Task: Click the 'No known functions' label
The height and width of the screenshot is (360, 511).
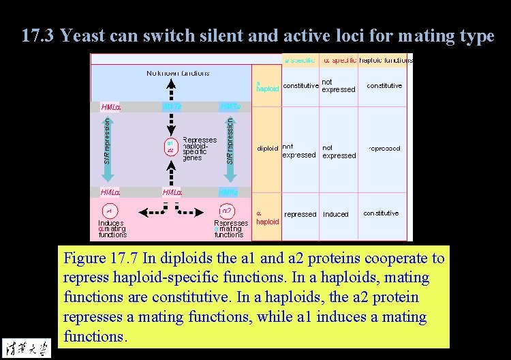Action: pyautogui.click(x=178, y=73)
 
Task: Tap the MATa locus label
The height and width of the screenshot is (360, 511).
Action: pyautogui.click(x=172, y=107)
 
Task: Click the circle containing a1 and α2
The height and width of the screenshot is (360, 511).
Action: pyautogui.click(x=170, y=147)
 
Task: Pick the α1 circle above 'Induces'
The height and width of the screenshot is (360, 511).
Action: pyautogui.click(x=109, y=211)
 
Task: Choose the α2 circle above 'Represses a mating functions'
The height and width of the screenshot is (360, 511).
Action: pyautogui.click(x=228, y=211)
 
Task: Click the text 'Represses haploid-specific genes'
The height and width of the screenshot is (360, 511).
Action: pyautogui.click(x=200, y=149)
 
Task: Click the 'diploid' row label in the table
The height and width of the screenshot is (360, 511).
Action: pyautogui.click(x=267, y=148)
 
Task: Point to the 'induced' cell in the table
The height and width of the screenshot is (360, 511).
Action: pyautogui.click(x=335, y=214)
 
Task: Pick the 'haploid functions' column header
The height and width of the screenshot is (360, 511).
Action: pyautogui.click(x=386, y=60)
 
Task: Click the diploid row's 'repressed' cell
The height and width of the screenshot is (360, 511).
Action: pyautogui.click(x=384, y=148)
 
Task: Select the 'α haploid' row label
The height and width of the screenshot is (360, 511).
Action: pyautogui.click(x=267, y=217)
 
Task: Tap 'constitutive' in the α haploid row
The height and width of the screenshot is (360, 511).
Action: pyautogui.click(x=381, y=213)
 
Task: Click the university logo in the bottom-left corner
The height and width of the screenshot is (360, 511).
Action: pyautogui.click(x=27, y=346)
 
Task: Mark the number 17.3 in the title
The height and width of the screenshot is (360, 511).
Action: pyautogui.click(x=37, y=35)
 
